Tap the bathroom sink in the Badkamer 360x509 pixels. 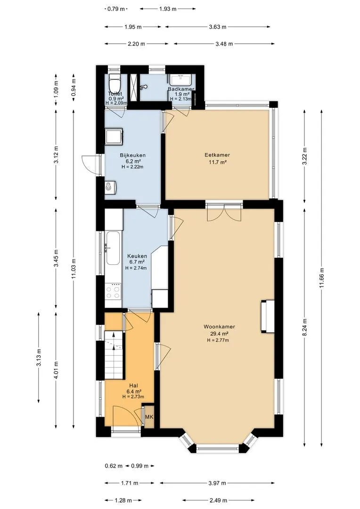(x=181, y=80)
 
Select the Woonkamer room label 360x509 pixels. (x=219, y=327)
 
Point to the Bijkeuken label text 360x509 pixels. (x=132, y=155)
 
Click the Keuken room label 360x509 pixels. (x=137, y=256)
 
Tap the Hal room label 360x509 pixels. (x=133, y=386)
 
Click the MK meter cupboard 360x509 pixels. (x=149, y=417)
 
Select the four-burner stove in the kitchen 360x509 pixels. (x=113, y=291)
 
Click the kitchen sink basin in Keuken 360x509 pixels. (x=113, y=248)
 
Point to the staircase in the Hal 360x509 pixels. (x=114, y=355)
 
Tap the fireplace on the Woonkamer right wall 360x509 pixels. (x=268, y=317)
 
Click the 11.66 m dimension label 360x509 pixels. (x=322, y=278)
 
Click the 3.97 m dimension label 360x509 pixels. (x=217, y=483)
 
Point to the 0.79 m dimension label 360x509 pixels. (x=116, y=9)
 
